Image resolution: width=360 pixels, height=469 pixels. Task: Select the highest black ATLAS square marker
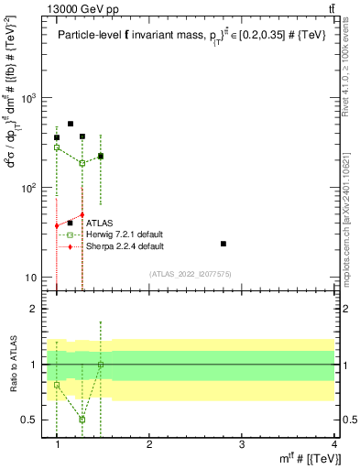coord(71,124)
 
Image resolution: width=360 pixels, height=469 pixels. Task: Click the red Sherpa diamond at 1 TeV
coord(57,225)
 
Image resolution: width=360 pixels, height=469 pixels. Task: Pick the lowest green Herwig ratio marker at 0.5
coord(82,420)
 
